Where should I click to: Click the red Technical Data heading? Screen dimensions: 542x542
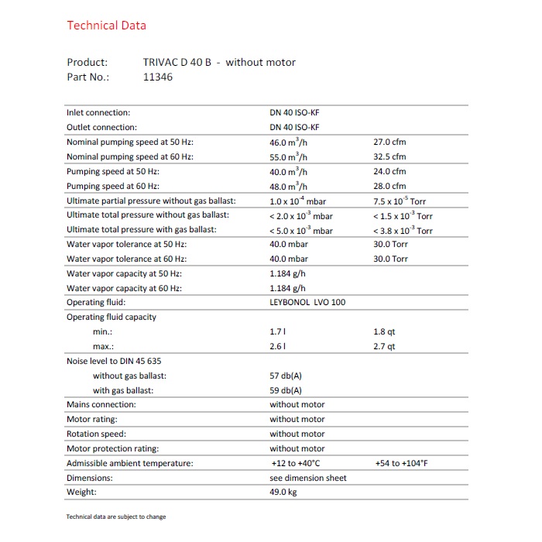point(106,26)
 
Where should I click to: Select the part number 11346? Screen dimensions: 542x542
point(158,77)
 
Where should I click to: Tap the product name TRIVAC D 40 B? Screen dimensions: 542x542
point(177,62)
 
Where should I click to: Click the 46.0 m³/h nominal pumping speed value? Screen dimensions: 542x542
point(288,142)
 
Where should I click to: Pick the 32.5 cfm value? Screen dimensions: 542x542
point(389,157)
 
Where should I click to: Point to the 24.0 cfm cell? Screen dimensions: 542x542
point(389,172)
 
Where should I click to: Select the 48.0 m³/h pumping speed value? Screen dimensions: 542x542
point(288,187)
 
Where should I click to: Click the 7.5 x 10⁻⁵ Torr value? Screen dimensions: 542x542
point(403,201)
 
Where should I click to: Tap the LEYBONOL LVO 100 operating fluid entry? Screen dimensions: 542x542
point(307,302)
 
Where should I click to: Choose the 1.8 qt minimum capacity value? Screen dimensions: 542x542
point(384,331)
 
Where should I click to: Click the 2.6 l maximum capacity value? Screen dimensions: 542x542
point(277,346)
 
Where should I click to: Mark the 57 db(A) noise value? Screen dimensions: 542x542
point(286,376)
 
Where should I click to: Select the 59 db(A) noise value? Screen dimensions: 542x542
point(286,390)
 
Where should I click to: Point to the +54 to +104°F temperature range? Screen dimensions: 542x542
point(401,463)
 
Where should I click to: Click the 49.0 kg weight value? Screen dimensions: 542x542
point(283,492)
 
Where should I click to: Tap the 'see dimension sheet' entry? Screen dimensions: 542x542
point(308,478)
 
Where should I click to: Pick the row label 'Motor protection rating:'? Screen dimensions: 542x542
point(112,448)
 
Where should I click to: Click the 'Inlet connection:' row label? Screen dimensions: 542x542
point(98,113)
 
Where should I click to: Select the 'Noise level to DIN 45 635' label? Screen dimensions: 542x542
point(114,361)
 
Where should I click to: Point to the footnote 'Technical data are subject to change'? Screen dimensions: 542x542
point(116,517)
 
